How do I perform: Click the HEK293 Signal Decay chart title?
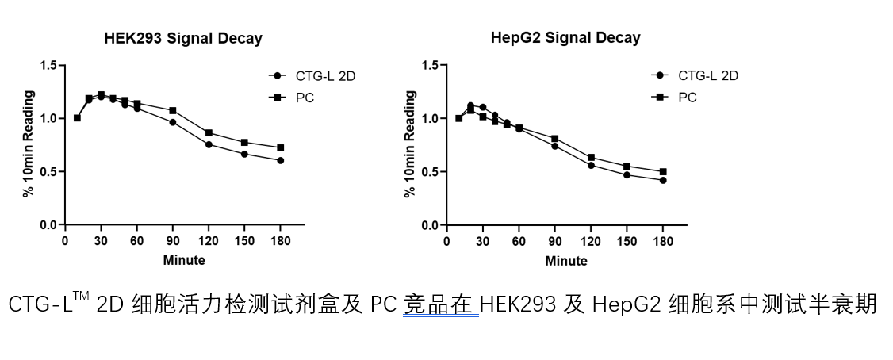tap(183, 38)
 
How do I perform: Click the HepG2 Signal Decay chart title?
tap(565, 38)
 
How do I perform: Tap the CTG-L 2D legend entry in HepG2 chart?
tap(707, 76)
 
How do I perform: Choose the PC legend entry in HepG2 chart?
tap(687, 98)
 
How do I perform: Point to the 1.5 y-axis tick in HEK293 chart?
tap(49, 65)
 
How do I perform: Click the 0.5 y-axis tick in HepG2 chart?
tap(431, 172)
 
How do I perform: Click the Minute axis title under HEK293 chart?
tap(184, 260)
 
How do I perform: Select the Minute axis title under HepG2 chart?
tap(566, 260)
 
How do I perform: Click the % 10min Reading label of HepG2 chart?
tap(411, 144)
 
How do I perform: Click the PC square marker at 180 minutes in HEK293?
tap(280, 147)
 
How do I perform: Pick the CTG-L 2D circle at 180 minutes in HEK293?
tap(280, 160)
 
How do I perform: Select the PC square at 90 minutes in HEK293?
tap(173, 110)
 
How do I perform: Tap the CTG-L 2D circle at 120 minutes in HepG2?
tap(591, 165)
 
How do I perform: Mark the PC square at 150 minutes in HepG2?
tap(627, 167)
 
